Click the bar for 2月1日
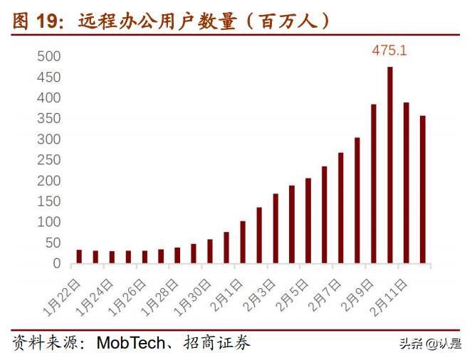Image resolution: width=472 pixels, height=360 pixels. (x=243, y=242)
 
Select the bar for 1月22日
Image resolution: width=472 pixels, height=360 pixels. (x=79, y=256)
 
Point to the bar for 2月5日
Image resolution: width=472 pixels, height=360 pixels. (x=308, y=221)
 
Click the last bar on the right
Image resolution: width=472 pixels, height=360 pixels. (x=423, y=189)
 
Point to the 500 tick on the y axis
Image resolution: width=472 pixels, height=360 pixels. (x=49, y=56)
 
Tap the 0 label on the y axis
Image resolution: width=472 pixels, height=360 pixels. (x=57, y=264)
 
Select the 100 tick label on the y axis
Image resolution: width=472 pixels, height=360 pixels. (x=49, y=223)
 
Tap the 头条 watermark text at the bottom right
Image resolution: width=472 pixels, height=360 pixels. (x=409, y=344)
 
